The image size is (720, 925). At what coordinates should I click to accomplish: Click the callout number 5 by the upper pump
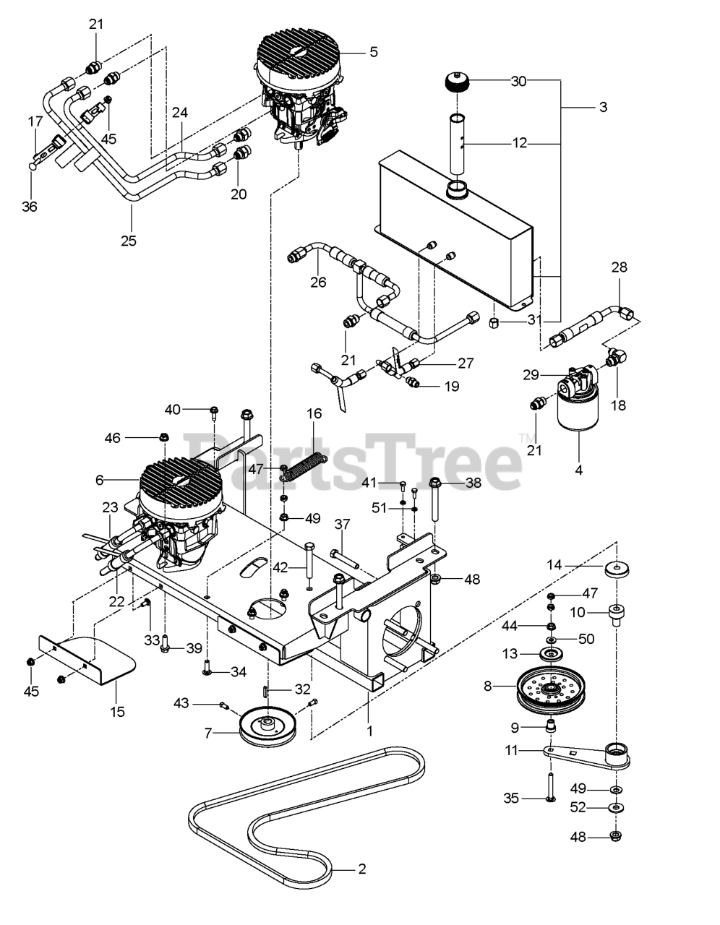coord(373,52)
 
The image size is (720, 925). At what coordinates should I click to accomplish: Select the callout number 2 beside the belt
coord(361,869)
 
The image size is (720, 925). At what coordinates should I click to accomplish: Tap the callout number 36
coord(29,206)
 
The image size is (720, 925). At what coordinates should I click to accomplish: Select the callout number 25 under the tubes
coord(128,241)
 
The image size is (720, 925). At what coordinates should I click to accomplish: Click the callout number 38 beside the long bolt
coord(473,482)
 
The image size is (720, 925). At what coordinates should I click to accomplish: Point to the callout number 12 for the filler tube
coord(520,144)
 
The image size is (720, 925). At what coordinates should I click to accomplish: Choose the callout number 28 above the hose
coord(619,267)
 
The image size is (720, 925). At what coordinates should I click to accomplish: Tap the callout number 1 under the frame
coord(369,731)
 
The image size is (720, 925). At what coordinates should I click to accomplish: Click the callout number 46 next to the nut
coord(113,437)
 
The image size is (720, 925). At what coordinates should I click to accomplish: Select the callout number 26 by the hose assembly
coord(318,282)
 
